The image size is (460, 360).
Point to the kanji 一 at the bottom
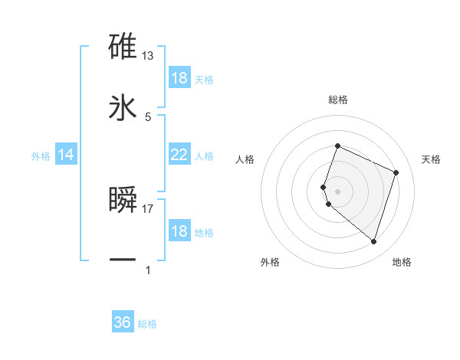[x=123, y=260]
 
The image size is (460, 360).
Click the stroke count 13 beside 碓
[x=148, y=56]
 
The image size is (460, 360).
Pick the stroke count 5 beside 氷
[x=148, y=116]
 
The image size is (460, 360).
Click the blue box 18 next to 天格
[x=179, y=78]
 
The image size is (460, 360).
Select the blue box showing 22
[x=179, y=155]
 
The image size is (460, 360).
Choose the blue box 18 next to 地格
[x=179, y=231]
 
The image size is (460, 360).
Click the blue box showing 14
[x=66, y=155]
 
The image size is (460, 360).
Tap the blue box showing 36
[x=123, y=322]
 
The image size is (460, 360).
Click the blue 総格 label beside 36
[x=147, y=324]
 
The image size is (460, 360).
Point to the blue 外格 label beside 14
[x=41, y=156]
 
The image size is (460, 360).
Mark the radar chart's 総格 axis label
[x=337, y=100]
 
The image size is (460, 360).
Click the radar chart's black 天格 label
[x=431, y=159]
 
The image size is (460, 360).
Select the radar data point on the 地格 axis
[x=373, y=242]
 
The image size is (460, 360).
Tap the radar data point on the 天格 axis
[x=396, y=172]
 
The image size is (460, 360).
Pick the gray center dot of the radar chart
[x=337, y=191]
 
